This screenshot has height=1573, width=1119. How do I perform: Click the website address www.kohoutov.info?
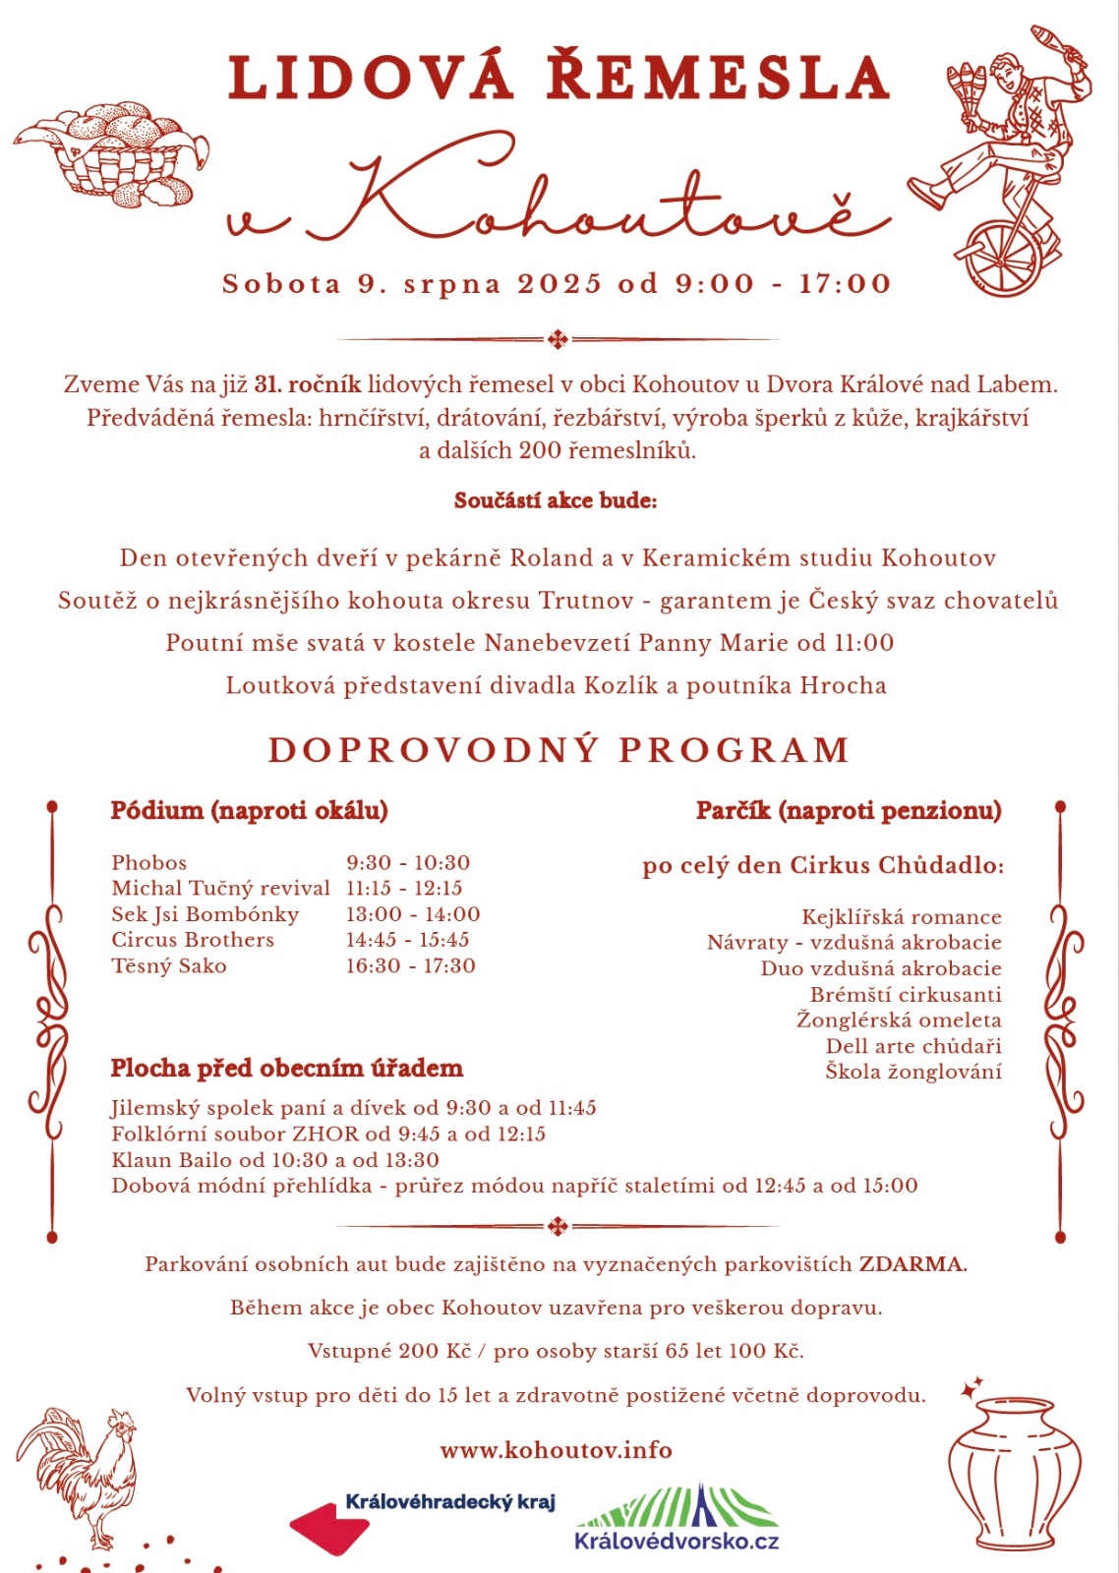click(556, 1450)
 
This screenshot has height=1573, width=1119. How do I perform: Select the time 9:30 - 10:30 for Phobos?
click(408, 862)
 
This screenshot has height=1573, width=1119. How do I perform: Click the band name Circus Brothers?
click(193, 939)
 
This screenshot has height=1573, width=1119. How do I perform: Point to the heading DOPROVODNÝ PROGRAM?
click(559, 750)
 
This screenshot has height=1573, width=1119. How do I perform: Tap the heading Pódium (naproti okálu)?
click(249, 811)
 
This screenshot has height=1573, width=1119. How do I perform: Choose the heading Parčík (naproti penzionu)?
click(849, 811)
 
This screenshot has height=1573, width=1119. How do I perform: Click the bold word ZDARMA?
click(913, 1264)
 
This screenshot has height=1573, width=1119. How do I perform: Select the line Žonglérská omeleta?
click(899, 1020)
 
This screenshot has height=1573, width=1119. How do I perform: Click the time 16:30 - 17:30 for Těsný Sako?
click(410, 965)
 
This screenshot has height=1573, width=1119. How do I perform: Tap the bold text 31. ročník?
click(307, 384)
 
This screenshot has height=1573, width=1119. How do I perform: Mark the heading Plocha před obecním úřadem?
click(286, 1069)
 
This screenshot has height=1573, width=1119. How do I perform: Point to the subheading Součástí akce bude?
click(556, 500)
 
